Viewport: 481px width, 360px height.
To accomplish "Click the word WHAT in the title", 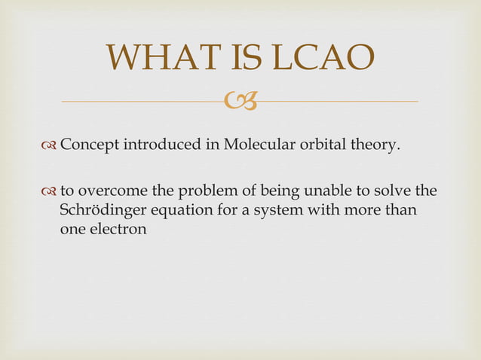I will pos(160,59).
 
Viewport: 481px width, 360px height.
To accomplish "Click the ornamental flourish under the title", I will pos(240,100).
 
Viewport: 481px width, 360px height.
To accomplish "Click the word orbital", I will pos(322,145).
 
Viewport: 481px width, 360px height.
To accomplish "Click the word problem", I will pos(203,191).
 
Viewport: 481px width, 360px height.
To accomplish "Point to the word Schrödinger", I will pos(101,210).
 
